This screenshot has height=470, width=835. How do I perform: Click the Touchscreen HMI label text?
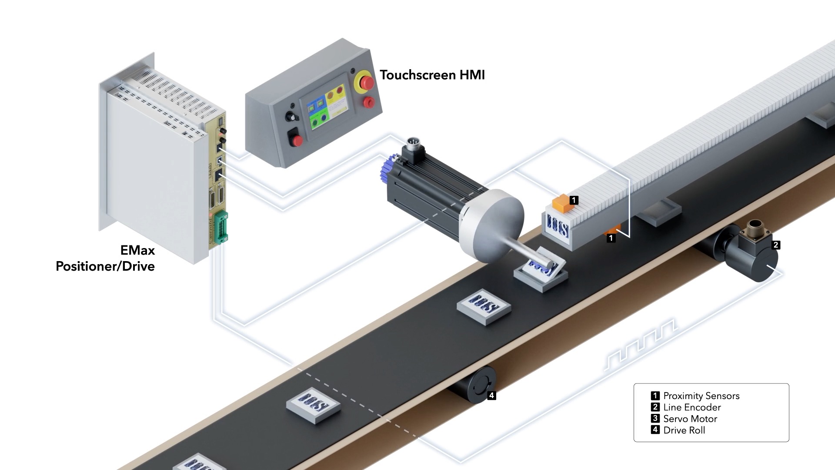[432, 75]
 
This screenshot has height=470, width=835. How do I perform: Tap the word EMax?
[137, 250]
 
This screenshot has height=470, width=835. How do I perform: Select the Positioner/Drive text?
[105, 266]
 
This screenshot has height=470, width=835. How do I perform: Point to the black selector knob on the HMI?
[289, 116]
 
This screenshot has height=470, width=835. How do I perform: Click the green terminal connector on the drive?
[221, 226]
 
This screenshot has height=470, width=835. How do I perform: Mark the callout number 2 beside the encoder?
[775, 245]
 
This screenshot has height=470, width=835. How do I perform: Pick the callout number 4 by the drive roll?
[491, 396]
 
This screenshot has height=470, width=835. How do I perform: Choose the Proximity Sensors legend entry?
[701, 396]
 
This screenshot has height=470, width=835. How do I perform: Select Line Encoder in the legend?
[691, 407]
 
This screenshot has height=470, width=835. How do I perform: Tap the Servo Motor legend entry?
[690, 419]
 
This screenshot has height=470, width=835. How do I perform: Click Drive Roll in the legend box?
[684, 430]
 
